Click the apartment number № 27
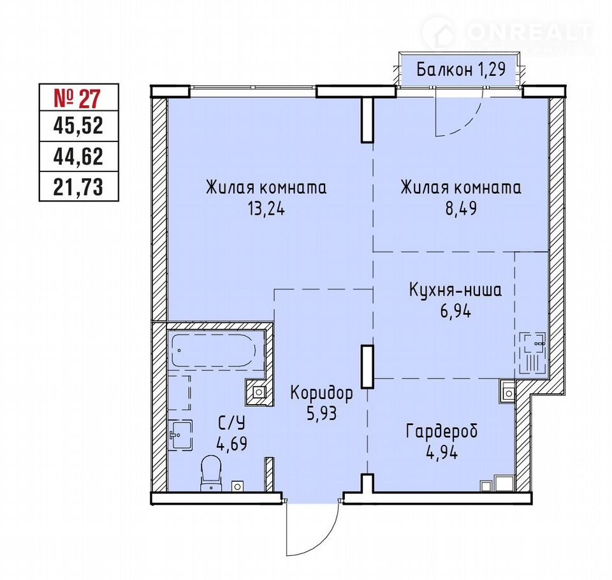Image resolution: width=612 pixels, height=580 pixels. coord(77,98)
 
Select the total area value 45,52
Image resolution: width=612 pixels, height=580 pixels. coord(78,126)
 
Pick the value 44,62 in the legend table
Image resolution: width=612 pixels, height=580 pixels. coord(78,157)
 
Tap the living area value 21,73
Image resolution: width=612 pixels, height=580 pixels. coord(78,187)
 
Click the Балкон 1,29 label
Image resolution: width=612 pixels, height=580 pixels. coord(461,70)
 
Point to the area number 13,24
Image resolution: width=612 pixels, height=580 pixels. coord(266,209)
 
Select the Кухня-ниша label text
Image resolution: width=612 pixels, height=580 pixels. coord(455,291)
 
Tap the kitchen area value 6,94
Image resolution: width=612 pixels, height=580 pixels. coord(455,311)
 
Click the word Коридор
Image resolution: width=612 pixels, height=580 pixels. coord(321,393)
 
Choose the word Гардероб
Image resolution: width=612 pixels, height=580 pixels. coord(442,431)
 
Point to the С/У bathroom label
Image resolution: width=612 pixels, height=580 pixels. coord(231,423)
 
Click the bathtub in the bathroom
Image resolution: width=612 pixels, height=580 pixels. coord(214,350)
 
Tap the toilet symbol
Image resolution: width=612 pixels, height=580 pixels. coord(211,473)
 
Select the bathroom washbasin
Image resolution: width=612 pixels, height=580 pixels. coord(180,435)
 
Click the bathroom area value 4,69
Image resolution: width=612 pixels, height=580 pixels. coord(231,444)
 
